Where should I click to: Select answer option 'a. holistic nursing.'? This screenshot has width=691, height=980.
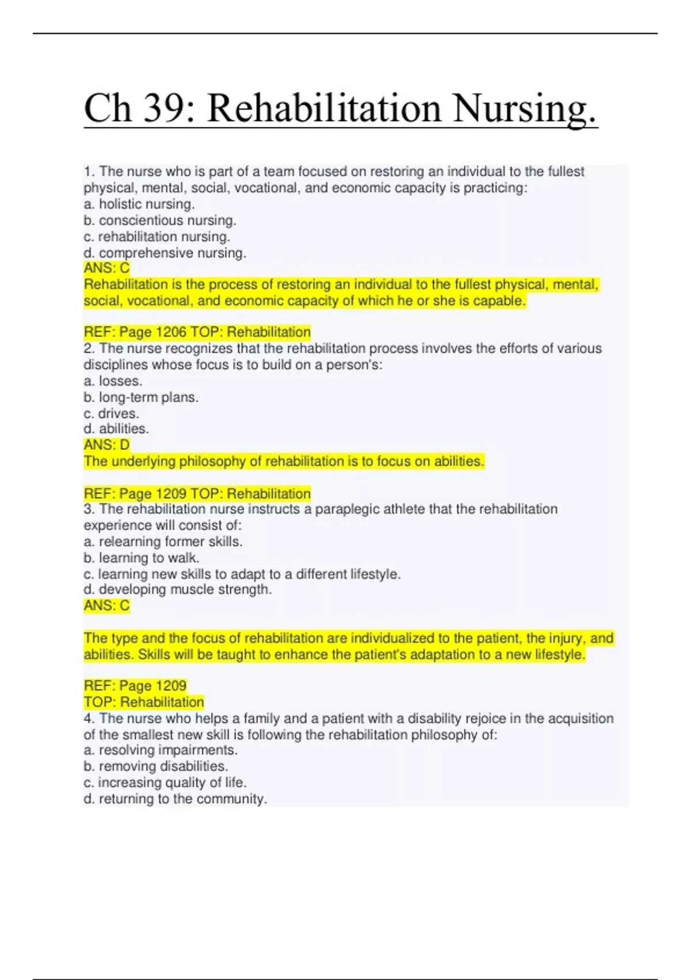pyautogui.click(x=139, y=204)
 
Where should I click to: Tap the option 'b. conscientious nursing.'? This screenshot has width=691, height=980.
pyautogui.click(x=160, y=220)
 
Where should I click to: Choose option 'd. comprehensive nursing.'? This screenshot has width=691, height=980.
pyautogui.click(x=165, y=252)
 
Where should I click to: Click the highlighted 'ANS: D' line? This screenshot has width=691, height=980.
pyautogui.click(x=107, y=444)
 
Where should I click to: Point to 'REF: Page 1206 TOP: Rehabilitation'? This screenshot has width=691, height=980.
pyautogui.click(x=197, y=332)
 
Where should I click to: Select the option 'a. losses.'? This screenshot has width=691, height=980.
pyautogui.click(x=113, y=381)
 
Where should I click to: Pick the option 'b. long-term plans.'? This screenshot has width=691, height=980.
pyautogui.click(x=141, y=397)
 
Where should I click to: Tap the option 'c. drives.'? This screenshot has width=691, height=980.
pyautogui.click(x=111, y=413)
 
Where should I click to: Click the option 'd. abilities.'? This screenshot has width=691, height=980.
pyautogui.click(x=116, y=429)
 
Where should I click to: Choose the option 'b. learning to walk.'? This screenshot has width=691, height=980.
pyautogui.click(x=142, y=558)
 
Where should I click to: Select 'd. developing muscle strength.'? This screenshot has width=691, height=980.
pyautogui.click(x=177, y=590)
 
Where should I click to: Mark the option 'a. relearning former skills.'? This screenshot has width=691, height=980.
pyautogui.click(x=163, y=542)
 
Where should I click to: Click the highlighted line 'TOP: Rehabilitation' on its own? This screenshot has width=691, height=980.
pyautogui.click(x=144, y=702)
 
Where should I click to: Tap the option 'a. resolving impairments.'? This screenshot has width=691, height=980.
pyautogui.click(x=161, y=750)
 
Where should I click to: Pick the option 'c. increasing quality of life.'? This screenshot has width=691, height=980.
pyautogui.click(x=165, y=782)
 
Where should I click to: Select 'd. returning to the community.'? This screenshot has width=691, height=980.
pyautogui.click(x=176, y=799)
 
